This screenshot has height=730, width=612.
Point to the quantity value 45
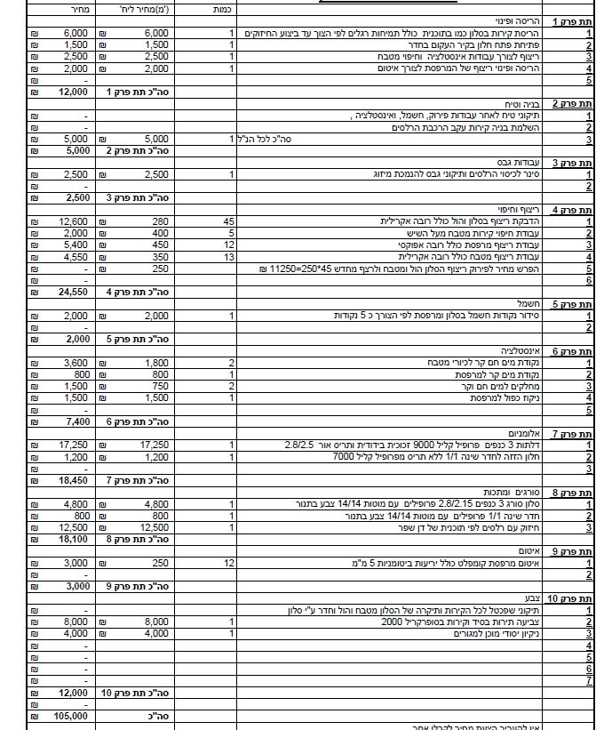click(x=228, y=221)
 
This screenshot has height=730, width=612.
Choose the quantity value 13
click(x=228, y=256)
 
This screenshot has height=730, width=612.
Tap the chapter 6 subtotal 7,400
click(x=72, y=421)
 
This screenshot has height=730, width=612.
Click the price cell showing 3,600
click(x=72, y=363)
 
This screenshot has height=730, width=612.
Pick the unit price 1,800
click(x=156, y=363)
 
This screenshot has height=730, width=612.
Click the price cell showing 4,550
click(x=72, y=256)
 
